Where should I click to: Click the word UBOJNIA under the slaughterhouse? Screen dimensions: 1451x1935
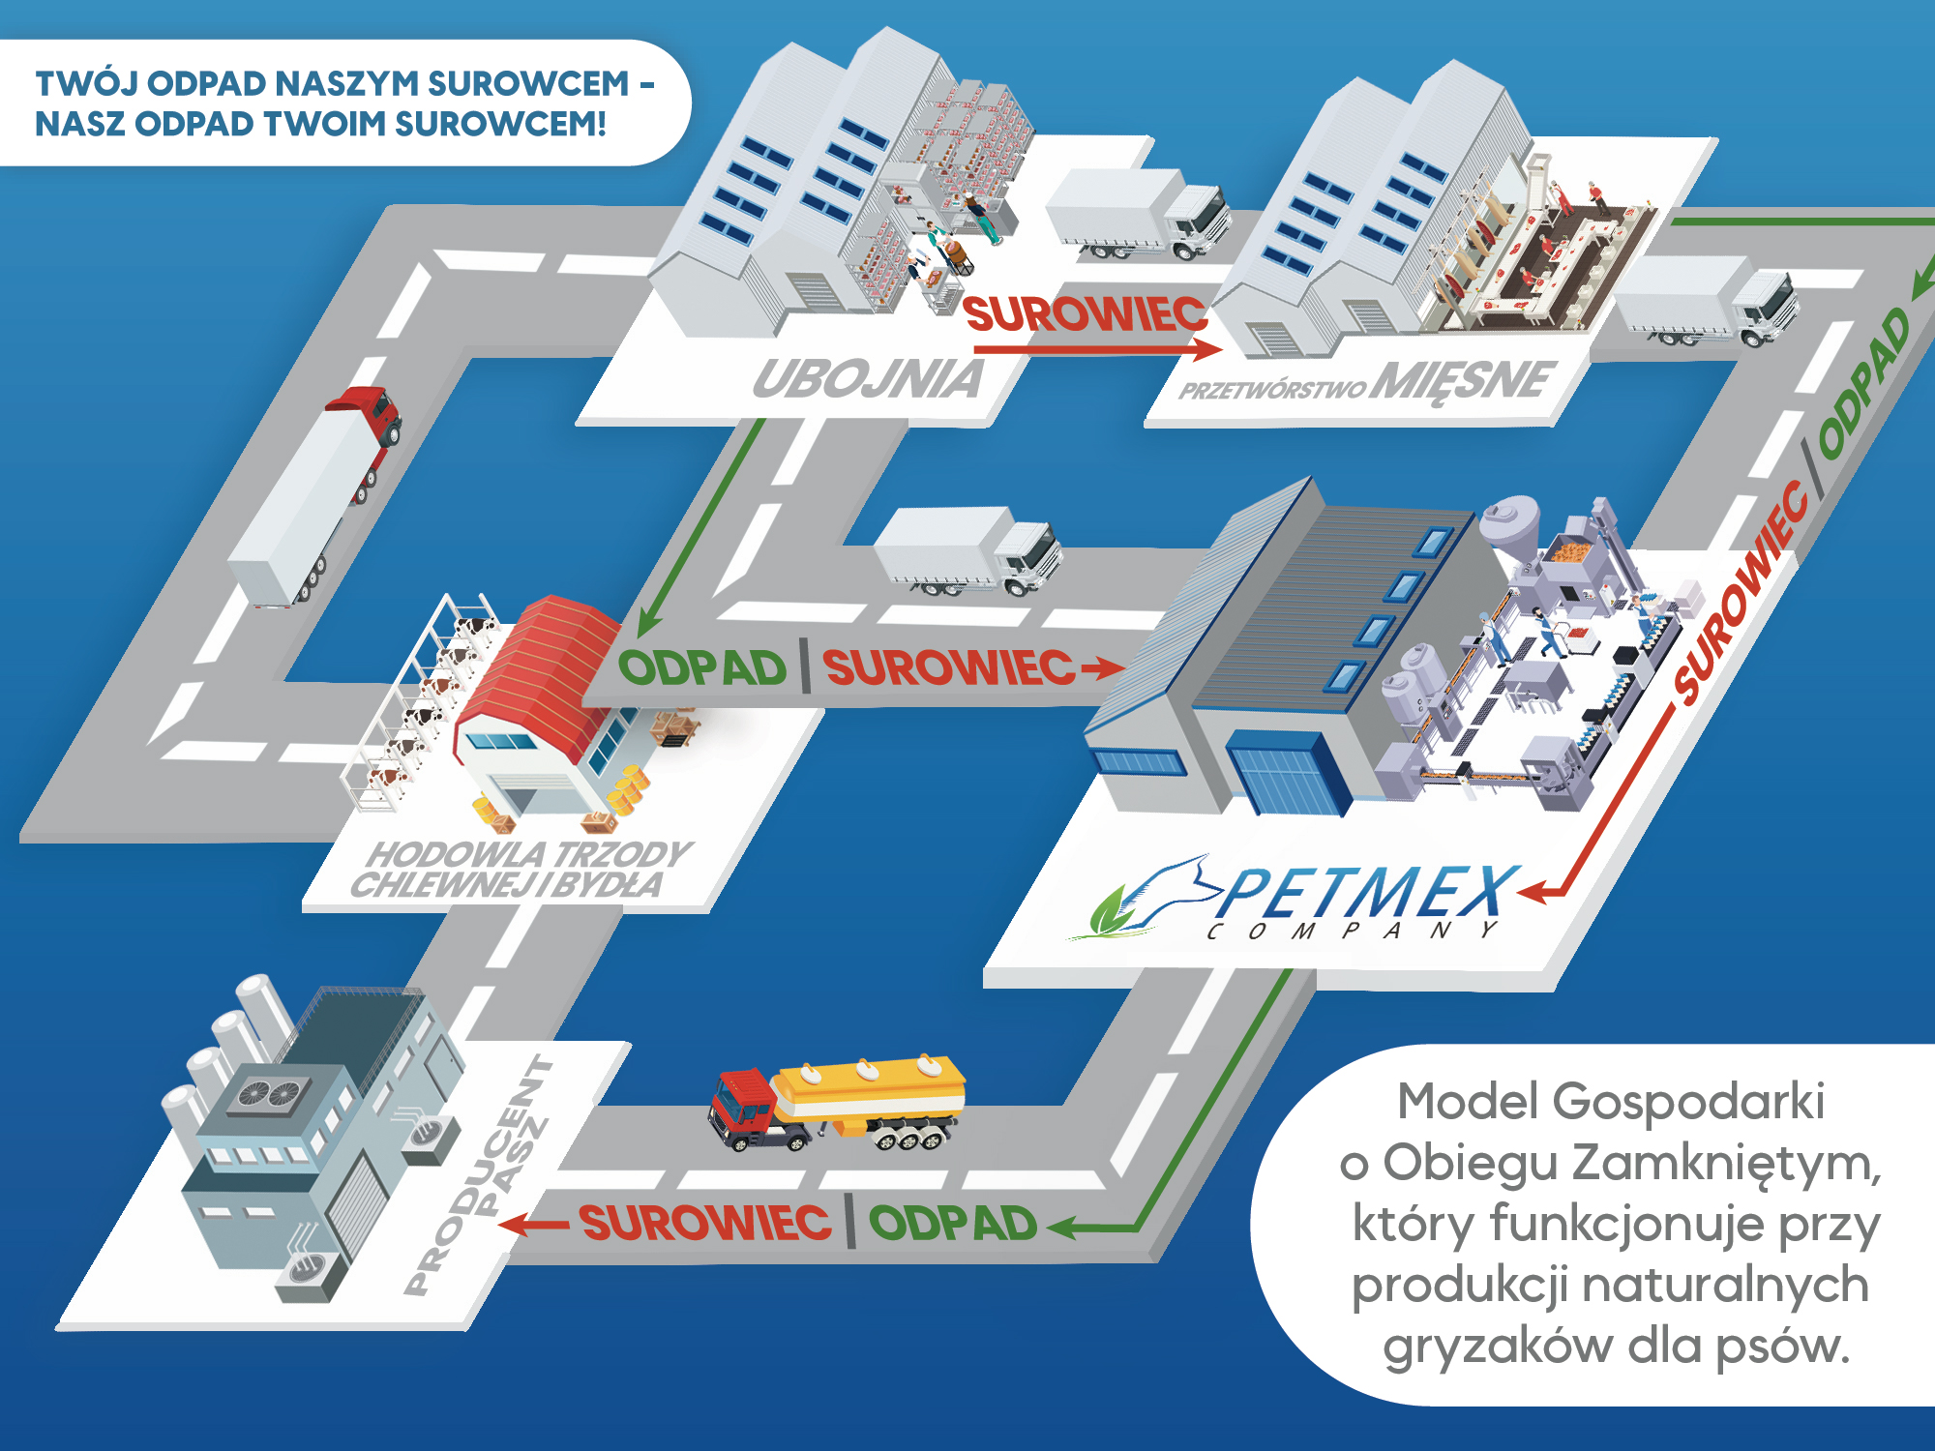868,379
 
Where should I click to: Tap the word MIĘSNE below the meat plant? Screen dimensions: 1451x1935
1465,381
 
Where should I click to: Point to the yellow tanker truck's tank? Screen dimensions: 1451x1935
871,1088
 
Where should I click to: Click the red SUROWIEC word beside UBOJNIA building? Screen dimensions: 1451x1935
1086,314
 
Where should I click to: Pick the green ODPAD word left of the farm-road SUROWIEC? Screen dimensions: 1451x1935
702,668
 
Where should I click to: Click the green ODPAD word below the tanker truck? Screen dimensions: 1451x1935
952,1224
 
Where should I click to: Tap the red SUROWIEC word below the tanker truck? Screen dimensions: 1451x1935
705,1223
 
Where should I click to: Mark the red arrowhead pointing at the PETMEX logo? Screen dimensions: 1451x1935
1533,891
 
